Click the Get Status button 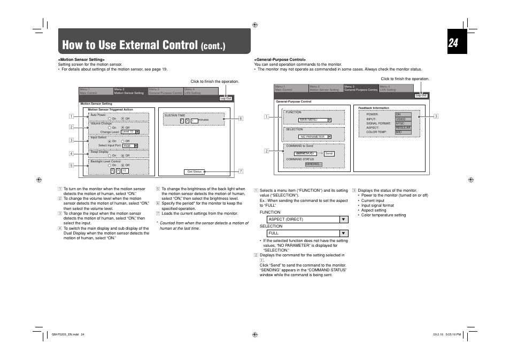(194, 171)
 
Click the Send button (329, 153)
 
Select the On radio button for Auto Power (109, 119)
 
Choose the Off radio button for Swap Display (122, 155)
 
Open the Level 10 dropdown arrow (137, 131)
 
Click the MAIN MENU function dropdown (315, 120)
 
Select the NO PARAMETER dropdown (315, 137)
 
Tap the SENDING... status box (313, 165)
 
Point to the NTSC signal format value (403, 123)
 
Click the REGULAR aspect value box (403, 128)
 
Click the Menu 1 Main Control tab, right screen (291, 88)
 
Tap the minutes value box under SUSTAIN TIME (194, 121)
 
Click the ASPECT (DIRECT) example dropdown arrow (344, 219)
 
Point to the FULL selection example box (303, 233)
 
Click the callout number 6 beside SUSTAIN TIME (241, 119)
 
